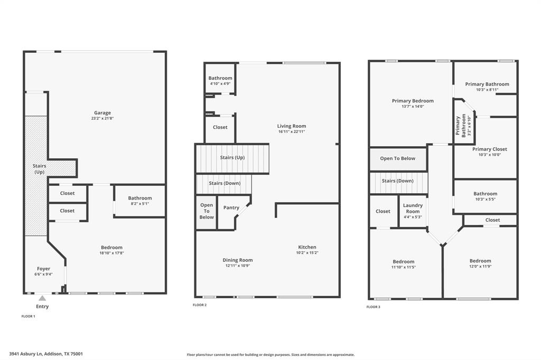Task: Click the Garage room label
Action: pyautogui.click(x=102, y=112)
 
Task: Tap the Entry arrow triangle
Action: pyautogui.click(x=42, y=298)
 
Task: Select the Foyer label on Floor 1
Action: pyautogui.click(x=43, y=269)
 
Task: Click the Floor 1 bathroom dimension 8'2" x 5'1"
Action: pyautogui.click(x=139, y=204)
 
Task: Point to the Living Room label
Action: pyautogui.click(x=292, y=126)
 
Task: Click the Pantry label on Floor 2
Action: pyautogui.click(x=231, y=207)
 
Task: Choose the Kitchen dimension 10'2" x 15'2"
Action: pyautogui.click(x=307, y=253)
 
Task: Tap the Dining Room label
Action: pyautogui.click(x=238, y=260)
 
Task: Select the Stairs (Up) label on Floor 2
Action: pyautogui.click(x=232, y=157)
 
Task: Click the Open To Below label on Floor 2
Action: pyautogui.click(x=207, y=211)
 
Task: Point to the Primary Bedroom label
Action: pyautogui.click(x=413, y=101)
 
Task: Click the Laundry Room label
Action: pyautogui.click(x=413, y=208)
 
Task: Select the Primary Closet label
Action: pyautogui.click(x=489, y=149)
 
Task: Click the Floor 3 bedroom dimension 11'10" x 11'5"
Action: pyautogui.click(x=404, y=267)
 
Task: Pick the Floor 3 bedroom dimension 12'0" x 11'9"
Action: pyautogui.click(x=480, y=267)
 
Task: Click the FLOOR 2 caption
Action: pyautogui.click(x=200, y=305)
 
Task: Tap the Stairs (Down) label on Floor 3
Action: pyautogui.click(x=397, y=181)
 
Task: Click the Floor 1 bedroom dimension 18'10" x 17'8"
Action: pyautogui.click(x=111, y=253)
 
